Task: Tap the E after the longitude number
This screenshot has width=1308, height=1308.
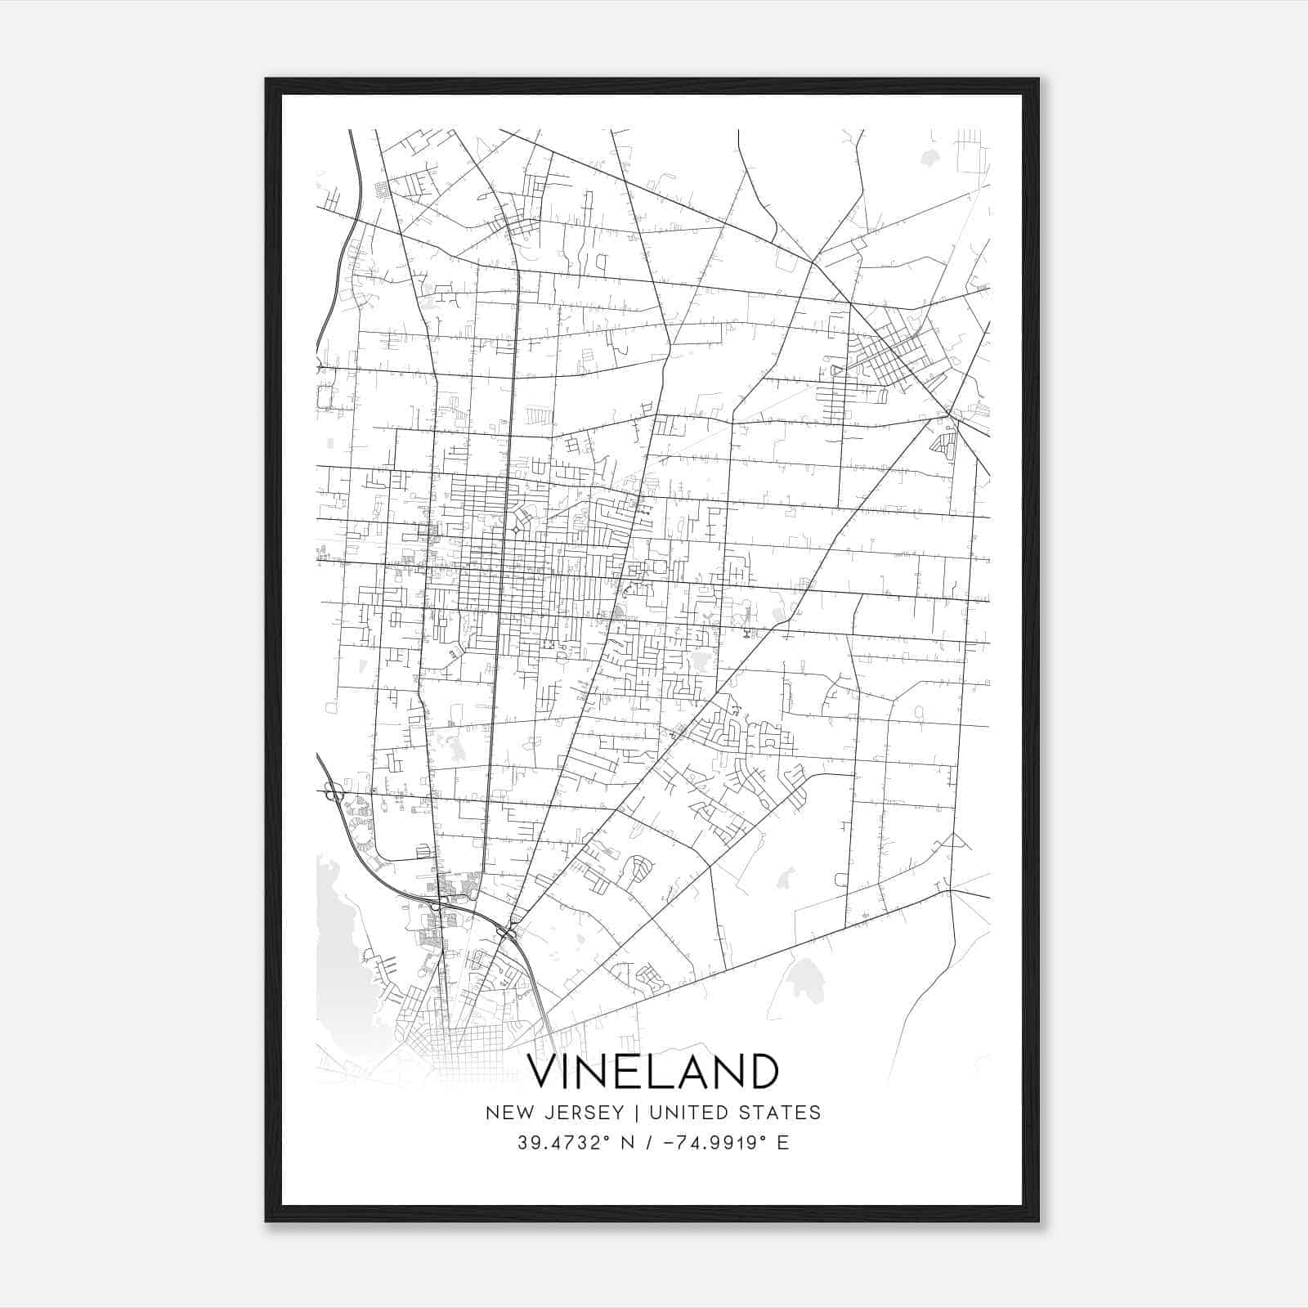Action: coord(783,1143)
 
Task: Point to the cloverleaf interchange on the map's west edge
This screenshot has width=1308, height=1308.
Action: coord(334,791)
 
